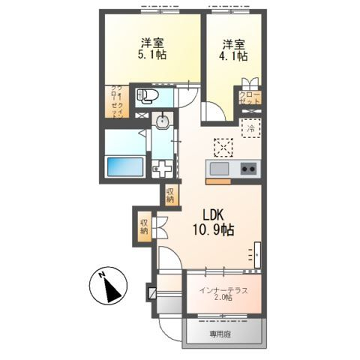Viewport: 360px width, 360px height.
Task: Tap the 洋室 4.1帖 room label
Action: click(x=232, y=51)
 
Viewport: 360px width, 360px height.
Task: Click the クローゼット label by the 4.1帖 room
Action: click(x=246, y=98)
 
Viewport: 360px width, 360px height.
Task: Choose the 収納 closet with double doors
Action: click(x=145, y=228)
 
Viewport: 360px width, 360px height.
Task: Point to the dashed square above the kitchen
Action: click(x=220, y=145)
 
